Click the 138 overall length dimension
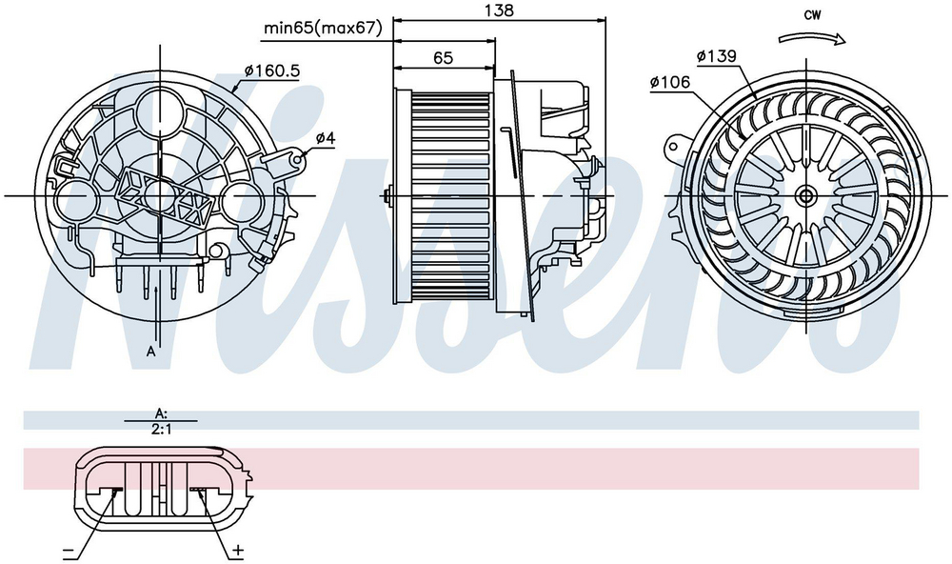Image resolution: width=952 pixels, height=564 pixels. tap(499, 10)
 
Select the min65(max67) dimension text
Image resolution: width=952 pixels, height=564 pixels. tap(323, 28)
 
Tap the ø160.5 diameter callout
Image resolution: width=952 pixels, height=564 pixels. tap(272, 71)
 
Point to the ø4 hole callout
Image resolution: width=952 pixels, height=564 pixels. tap(326, 138)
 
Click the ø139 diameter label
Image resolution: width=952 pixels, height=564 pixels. tap(717, 56)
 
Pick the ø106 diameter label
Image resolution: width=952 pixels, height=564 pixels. tap(669, 82)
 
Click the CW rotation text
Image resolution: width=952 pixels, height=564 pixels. tap(812, 15)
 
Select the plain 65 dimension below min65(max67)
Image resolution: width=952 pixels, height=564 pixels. tap(444, 58)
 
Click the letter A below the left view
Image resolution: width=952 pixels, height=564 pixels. tap(151, 352)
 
